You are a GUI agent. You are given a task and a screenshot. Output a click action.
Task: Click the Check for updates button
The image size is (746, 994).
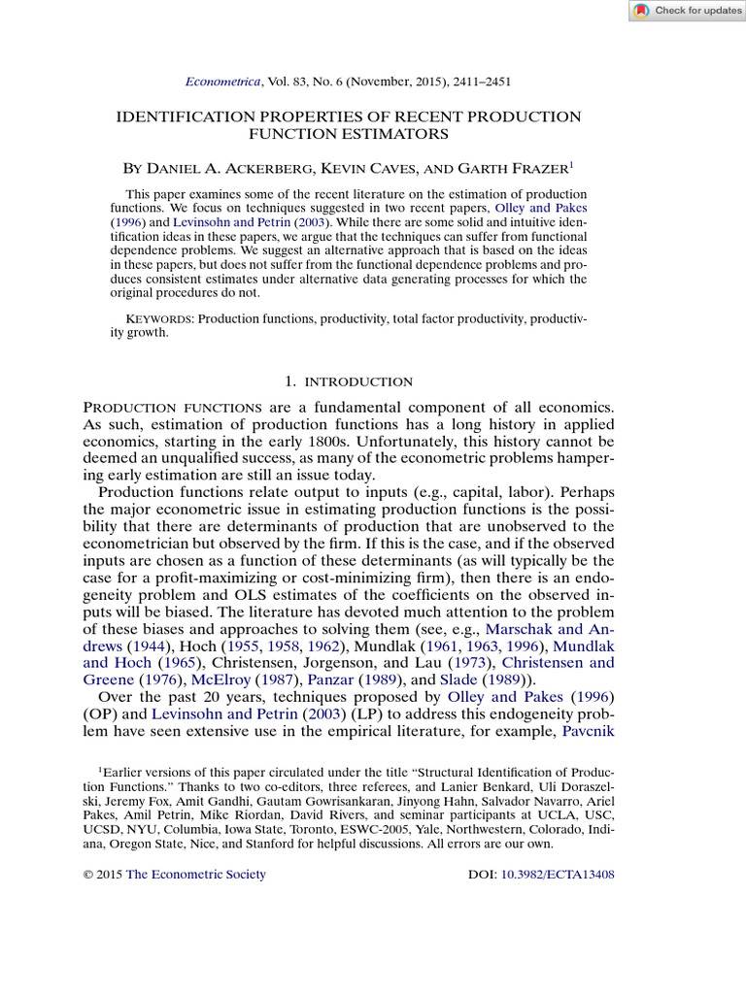click(687, 11)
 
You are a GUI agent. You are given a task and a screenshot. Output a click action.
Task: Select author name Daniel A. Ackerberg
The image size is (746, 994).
click(245, 169)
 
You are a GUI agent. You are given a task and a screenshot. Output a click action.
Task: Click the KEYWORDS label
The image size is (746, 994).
click(160, 318)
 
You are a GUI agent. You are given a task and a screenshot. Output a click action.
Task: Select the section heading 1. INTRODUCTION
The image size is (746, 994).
click(349, 381)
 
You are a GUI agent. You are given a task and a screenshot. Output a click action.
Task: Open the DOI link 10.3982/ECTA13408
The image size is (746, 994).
click(558, 874)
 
